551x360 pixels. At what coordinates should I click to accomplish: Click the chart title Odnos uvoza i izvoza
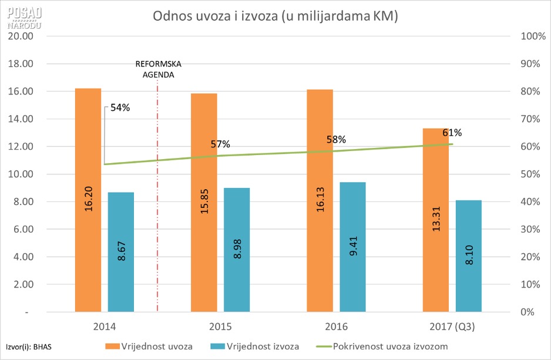point(275,16)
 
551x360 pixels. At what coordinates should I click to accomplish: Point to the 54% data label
point(120,107)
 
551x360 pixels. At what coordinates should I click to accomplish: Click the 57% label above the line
point(221,144)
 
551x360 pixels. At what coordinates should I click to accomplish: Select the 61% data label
point(452,132)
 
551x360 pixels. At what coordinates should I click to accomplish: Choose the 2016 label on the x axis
point(336,327)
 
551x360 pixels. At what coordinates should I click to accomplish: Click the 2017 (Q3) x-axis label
point(452,327)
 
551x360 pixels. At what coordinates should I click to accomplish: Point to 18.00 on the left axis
point(21,63)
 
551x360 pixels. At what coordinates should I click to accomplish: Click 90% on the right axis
point(529,63)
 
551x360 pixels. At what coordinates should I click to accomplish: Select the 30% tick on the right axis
point(529,229)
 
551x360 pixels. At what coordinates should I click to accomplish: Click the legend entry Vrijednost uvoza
point(155,346)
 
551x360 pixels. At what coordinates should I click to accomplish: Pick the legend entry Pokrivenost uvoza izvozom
point(382,346)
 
